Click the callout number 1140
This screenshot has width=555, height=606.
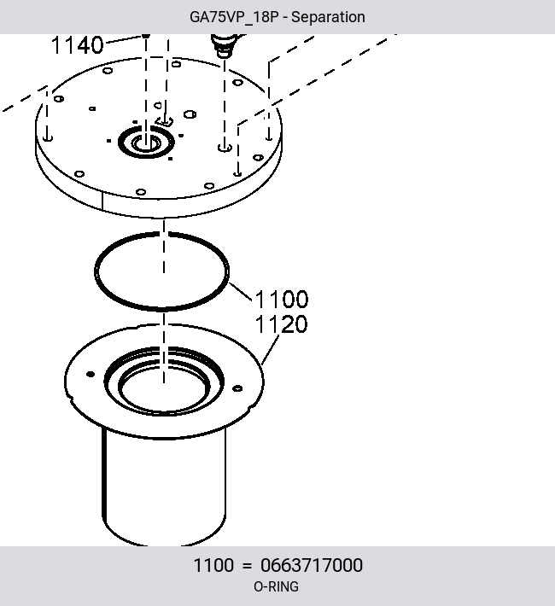pos(78,45)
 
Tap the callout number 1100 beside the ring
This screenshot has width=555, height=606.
pos(282,299)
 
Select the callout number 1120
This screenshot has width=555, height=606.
pos(282,323)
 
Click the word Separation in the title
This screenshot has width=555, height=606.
pos(328,17)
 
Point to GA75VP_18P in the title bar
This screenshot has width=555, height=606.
pos(234,17)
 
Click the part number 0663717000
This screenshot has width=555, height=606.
pos(312,565)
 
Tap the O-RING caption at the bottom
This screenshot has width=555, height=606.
pos(276,586)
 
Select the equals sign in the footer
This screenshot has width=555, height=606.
pos(247,566)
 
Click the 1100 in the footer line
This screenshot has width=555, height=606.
pos(213,565)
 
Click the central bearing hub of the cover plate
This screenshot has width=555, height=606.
pos(146,143)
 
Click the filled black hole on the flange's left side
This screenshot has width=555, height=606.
pos(91,374)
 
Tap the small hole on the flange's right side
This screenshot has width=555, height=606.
pos(237,388)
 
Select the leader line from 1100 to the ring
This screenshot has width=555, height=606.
pos(241,292)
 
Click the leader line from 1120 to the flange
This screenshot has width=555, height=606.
pos(270,350)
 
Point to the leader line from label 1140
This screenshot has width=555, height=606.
pos(124,39)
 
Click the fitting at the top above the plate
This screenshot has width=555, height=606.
pos(225,44)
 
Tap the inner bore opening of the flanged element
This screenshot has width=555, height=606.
pos(165,390)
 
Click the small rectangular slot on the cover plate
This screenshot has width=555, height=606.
pos(164,122)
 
